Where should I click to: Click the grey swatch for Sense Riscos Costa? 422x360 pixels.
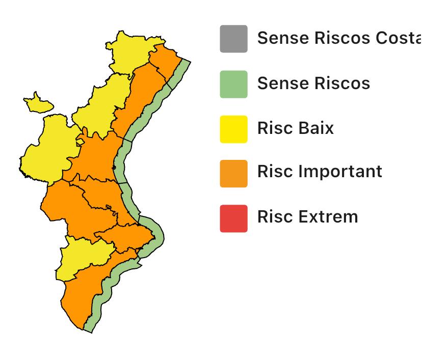coord(233,39)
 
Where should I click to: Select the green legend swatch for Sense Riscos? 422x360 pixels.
coord(233,84)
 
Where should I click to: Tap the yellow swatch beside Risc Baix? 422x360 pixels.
coord(233,129)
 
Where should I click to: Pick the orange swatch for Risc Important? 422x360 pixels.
coord(233,174)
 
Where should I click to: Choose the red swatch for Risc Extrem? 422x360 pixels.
coord(233,218)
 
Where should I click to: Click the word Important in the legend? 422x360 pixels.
coord(340,172)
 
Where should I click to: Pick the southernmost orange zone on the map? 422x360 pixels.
coord(87,295)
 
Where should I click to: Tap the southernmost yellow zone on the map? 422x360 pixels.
coord(82,257)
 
